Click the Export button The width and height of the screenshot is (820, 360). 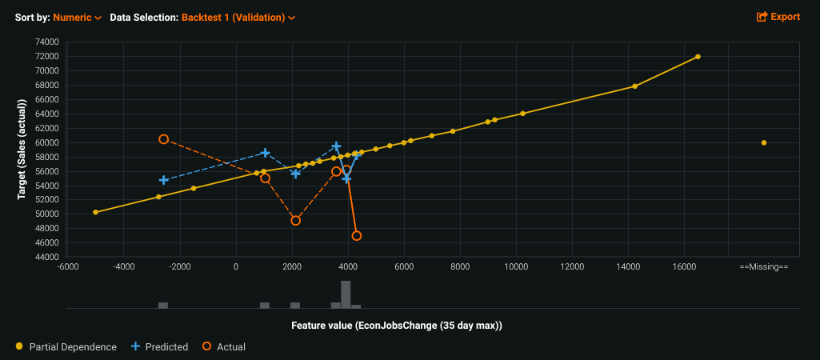778,17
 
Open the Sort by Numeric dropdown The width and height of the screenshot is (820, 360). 77,17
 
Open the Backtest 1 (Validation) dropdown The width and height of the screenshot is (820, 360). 238,17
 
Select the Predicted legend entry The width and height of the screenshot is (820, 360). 159,347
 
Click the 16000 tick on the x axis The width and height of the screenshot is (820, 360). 683,266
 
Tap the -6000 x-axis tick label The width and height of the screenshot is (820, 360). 68,266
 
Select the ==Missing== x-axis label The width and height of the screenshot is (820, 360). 763,266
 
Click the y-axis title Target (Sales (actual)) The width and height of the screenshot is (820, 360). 22,149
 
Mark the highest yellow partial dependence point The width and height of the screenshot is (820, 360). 698,57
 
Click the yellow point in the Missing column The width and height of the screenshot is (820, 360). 764,143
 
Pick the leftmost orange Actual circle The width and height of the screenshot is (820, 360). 163,139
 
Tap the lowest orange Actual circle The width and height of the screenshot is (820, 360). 356,236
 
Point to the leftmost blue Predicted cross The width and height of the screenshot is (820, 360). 163,180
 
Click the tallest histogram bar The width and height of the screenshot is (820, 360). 346,294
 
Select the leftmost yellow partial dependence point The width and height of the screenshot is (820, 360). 95,212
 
